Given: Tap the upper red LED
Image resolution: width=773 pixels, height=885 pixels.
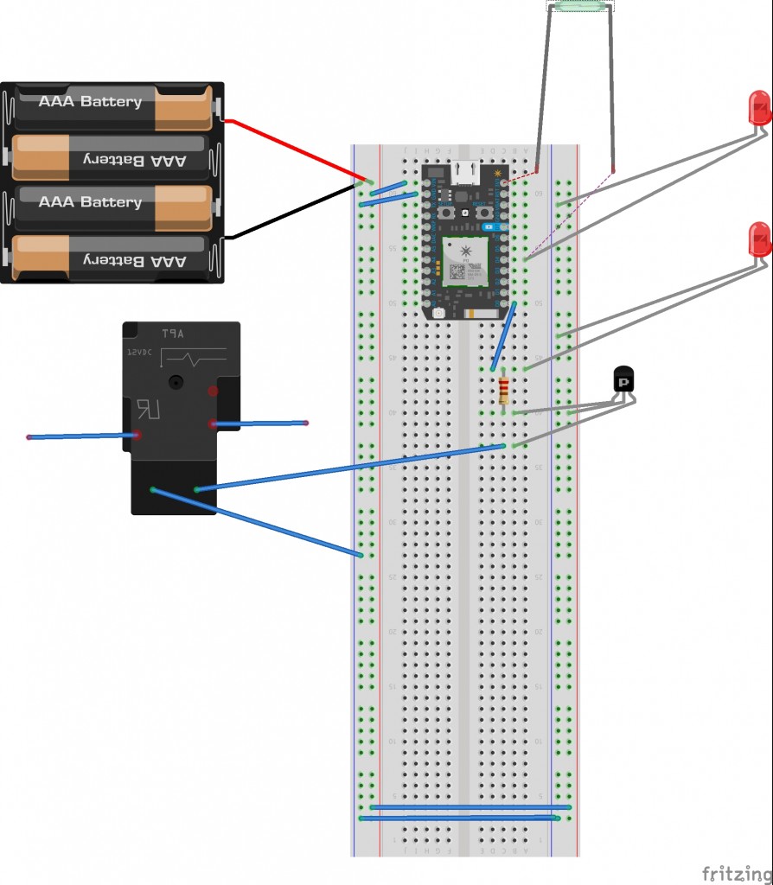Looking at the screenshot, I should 758,108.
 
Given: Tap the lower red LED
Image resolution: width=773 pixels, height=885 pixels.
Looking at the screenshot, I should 759,239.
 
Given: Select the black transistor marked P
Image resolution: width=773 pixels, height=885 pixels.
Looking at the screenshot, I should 624,380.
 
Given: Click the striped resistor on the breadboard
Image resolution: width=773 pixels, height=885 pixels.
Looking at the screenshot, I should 504,391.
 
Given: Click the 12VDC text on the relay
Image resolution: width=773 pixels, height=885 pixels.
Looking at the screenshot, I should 138,353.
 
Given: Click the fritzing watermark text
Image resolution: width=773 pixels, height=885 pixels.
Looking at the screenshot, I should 736,873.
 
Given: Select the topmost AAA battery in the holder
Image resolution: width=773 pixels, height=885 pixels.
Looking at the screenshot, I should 112,103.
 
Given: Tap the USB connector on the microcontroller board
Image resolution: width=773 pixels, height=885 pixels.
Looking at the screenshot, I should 466,173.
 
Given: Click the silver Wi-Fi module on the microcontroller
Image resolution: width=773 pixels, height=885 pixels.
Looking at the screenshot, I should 466,260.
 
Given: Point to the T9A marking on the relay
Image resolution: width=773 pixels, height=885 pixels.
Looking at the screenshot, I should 174,333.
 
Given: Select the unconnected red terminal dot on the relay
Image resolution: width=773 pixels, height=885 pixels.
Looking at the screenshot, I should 213,392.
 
